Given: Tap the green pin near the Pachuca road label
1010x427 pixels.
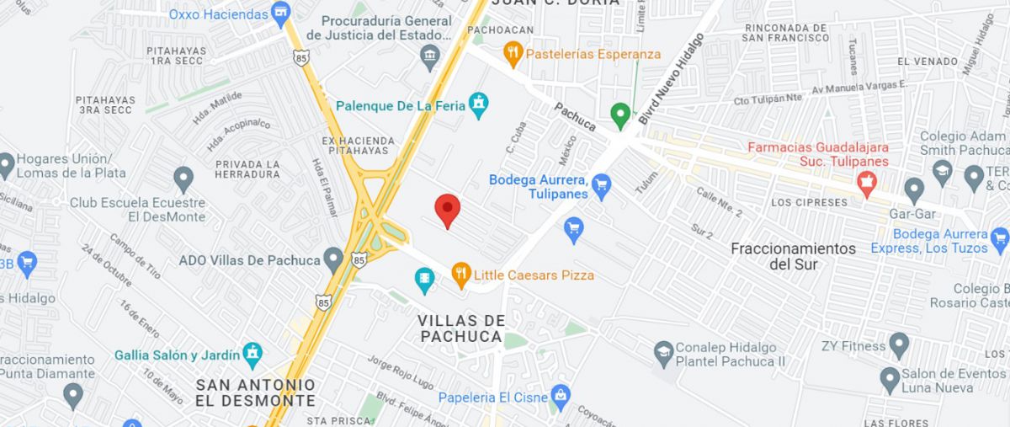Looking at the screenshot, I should pos(620,115).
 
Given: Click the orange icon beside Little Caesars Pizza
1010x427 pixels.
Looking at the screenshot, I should pos(460,275).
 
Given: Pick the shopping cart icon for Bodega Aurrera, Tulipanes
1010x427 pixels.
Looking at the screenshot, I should pos(601,184).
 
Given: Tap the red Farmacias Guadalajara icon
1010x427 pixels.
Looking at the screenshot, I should pos(866,180).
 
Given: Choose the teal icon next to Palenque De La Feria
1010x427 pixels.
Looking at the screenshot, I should pos(479,105).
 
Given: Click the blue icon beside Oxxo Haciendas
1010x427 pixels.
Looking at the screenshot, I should pos(280,13).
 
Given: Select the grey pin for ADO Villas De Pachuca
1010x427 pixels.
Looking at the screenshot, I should pos(334,259).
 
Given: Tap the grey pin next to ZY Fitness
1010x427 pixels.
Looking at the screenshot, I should pos(899,344).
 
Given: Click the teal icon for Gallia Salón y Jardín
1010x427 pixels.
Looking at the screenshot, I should pos(252,354).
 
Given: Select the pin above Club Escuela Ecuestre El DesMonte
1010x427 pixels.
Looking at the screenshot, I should pos(183,178).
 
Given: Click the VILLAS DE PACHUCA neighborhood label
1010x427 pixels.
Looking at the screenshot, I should pos(461,328).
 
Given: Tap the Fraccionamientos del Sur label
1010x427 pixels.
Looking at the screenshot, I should pos(793,256).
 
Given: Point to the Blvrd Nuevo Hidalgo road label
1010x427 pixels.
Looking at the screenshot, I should pos(671,80).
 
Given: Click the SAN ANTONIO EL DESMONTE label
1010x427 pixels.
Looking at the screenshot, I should pos(255,392).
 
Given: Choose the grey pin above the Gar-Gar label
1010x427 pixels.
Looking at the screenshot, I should pos(913,189).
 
